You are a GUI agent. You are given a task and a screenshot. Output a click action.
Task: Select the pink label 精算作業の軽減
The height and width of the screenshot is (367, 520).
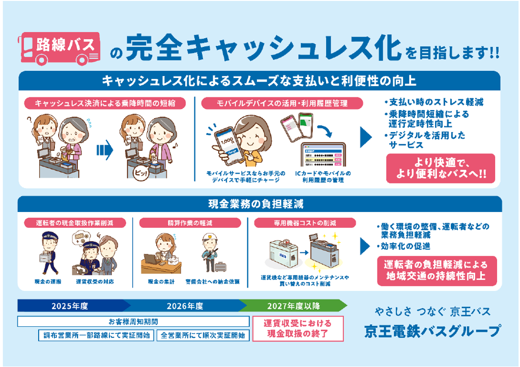189,223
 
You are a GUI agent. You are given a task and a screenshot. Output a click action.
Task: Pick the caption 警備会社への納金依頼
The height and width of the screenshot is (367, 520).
212,281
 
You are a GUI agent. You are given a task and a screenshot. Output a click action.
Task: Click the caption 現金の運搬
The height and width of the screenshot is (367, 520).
48,281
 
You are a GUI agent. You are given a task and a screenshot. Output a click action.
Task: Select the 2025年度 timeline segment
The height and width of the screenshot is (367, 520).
71,306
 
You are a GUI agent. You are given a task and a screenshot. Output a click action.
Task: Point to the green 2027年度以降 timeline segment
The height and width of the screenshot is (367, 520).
294,306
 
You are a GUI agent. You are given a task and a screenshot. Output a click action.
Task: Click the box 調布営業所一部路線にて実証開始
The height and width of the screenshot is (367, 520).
95,335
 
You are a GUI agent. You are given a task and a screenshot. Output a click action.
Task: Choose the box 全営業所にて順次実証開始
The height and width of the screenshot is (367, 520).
203,335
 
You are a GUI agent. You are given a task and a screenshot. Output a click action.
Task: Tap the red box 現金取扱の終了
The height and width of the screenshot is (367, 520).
298,329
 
